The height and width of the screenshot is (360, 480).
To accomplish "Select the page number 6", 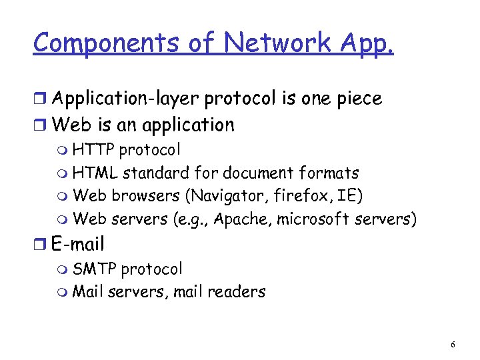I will [x=453, y=345].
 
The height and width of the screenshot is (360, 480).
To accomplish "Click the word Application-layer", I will [x=126, y=99].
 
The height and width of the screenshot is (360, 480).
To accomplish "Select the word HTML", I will [x=95, y=173].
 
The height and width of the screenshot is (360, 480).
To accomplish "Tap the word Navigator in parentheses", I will [x=230, y=197].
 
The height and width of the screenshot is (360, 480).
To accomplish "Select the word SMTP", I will [x=95, y=269].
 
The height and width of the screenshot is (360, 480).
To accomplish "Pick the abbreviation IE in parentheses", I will [x=350, y=197].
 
